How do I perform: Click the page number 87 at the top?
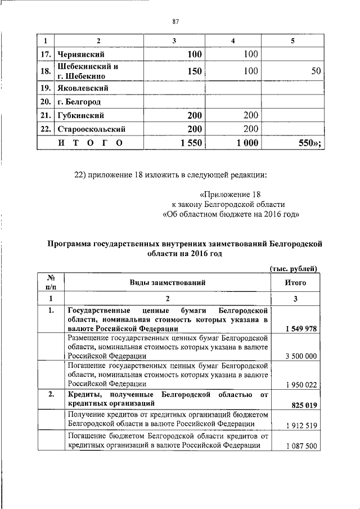coord(175,21)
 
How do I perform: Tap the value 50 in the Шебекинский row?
coord(316,71)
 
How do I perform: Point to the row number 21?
coord(46,116)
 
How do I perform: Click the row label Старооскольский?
coord(91,129)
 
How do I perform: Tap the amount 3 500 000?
coord(301,357)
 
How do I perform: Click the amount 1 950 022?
coord(301,384)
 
